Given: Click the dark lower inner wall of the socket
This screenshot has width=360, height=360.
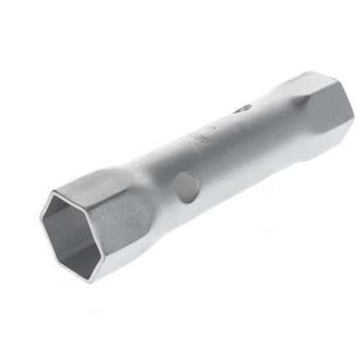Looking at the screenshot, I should click(80, 251).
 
